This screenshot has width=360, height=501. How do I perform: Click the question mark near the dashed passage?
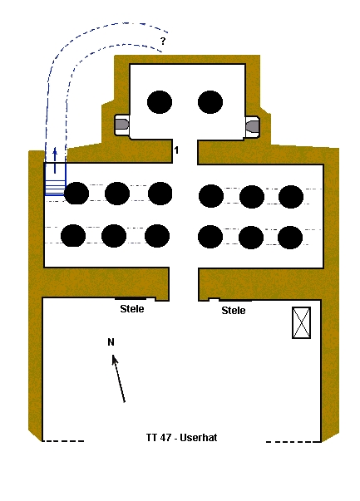click(x=163, y=41)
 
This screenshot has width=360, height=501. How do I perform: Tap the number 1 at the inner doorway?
click(x=176, y=150)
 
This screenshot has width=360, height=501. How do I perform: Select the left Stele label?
click(x=132, y=308)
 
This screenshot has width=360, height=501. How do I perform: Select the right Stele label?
click(x=234, y=310)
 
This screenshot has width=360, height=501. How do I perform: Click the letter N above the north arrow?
click(x=111, y=342)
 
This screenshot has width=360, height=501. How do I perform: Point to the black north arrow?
click(x=118, y=378)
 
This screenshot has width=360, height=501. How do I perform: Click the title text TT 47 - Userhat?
click(x=181, y=437)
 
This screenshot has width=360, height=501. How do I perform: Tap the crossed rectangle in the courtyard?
click(x=301, y=322)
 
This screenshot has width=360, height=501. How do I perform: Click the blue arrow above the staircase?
click(x=55, y=160)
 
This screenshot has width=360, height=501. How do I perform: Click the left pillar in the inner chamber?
click(x=160, y=102)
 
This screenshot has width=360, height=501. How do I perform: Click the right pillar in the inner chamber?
click(x=210, y=102)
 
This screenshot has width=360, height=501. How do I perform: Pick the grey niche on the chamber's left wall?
click(x=122, y=124)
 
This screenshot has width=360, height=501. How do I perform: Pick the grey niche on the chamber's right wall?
click(x=252, y=125)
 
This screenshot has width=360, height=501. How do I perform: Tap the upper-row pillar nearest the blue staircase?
click(x=76, y=194)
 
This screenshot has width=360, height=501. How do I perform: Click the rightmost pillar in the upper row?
click(x=291, y=197)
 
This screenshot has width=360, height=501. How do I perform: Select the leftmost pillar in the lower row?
click(x=73, y=235)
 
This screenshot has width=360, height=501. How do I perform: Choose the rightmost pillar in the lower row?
click(x=290, y=238)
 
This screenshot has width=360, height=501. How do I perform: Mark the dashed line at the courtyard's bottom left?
click(x=63, y=441)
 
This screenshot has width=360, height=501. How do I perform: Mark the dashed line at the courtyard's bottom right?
click(x=293, y=442)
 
